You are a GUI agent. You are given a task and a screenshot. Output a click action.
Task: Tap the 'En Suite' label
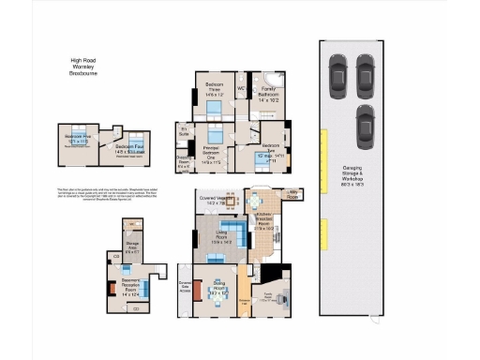[x=184, y=131]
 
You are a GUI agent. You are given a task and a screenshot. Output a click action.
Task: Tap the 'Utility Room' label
[x=294, y=195]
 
